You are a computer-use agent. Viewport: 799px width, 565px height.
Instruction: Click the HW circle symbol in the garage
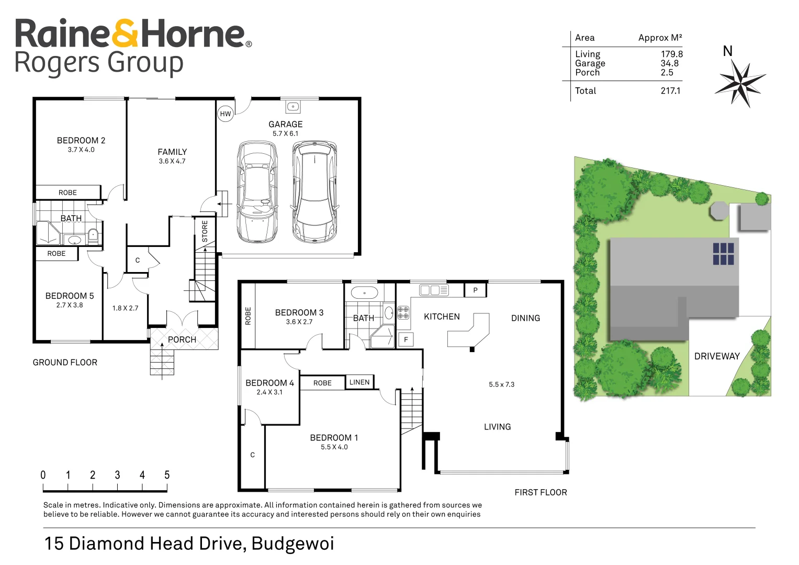point(225,114)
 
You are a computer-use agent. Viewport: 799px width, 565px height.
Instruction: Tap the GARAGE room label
point(285,124)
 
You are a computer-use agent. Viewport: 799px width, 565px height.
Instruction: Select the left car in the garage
point(257,192)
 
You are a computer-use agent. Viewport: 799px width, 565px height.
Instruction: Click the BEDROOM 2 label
point(81,140)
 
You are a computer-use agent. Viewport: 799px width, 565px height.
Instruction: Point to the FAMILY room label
point(172,152)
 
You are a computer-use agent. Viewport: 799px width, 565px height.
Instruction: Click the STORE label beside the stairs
point(205,231)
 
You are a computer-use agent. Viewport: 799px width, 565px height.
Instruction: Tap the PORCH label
point(182,340)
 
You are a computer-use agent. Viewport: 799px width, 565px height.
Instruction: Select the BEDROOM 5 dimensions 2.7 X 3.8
point(70,305)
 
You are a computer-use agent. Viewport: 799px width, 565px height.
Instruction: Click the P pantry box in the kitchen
point(475,290)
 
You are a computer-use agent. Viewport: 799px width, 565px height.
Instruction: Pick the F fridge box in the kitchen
point(406,339)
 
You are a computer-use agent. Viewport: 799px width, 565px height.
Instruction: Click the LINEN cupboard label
point(359,382)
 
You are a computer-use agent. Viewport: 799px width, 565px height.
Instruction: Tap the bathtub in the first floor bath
point(364,292)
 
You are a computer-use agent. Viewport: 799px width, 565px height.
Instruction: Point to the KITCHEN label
point(442,317)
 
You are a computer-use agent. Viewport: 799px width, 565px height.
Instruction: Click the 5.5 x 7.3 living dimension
point(501,384)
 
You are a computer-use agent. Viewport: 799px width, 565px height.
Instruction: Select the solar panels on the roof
point(723,254)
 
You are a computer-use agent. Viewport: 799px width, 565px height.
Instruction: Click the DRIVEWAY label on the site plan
point(717,356)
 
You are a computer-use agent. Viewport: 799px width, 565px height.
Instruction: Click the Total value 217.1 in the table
point(670,91)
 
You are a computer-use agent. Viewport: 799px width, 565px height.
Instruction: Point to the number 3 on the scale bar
point(117,475)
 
